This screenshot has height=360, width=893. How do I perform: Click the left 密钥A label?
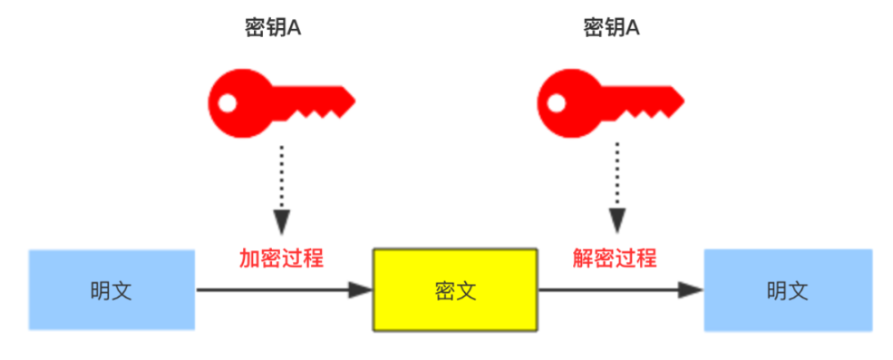tap(273, 28)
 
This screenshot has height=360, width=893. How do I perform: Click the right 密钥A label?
tap(611, 28)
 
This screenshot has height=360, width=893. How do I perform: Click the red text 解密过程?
tap(615, 258)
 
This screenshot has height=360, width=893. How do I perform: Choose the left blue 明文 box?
tap(112, 290)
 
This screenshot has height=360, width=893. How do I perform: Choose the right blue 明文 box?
tap(787, 290)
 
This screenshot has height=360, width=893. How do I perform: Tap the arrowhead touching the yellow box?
tap(362, 290)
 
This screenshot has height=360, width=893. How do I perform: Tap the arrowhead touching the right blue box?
tap(694, 290)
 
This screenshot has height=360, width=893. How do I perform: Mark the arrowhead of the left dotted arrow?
tap(282, 222)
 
